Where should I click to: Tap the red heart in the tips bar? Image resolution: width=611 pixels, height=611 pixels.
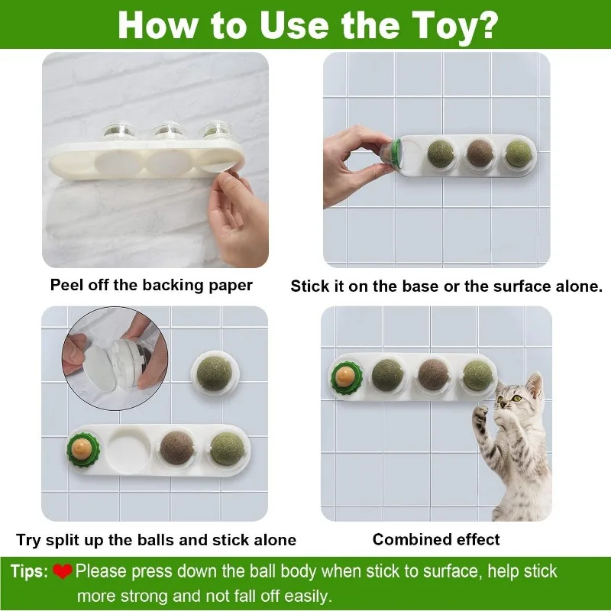tap(63, 571)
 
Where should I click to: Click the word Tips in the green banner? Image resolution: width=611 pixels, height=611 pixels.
tap(29, 571)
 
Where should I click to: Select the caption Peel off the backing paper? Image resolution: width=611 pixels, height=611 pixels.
tap(151, 286)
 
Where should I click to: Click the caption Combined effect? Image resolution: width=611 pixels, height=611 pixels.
tap(436, 539)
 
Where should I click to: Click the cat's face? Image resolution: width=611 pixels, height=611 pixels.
tap(512, 396)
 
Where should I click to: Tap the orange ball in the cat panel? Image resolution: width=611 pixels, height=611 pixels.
tap(345, 376)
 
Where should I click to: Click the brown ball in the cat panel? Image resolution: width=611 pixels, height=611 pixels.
tap(433, 374)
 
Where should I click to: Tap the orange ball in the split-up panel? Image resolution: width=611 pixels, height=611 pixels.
tap(82, 445)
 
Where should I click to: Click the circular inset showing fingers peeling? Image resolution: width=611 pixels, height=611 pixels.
tap(114, 359)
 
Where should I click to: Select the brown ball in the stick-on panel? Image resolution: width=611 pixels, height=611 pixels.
tap(480, 150)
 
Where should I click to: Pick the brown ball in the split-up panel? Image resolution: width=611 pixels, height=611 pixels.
tap(177, 447)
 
